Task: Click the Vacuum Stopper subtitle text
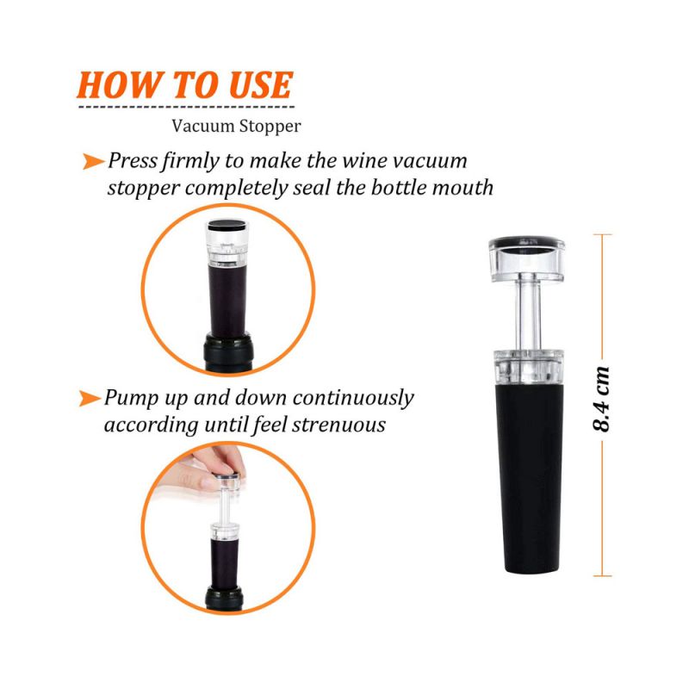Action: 236,127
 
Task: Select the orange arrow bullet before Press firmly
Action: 93,161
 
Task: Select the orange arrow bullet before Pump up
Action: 89,398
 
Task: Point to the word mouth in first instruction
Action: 462,187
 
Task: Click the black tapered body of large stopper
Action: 529,482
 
